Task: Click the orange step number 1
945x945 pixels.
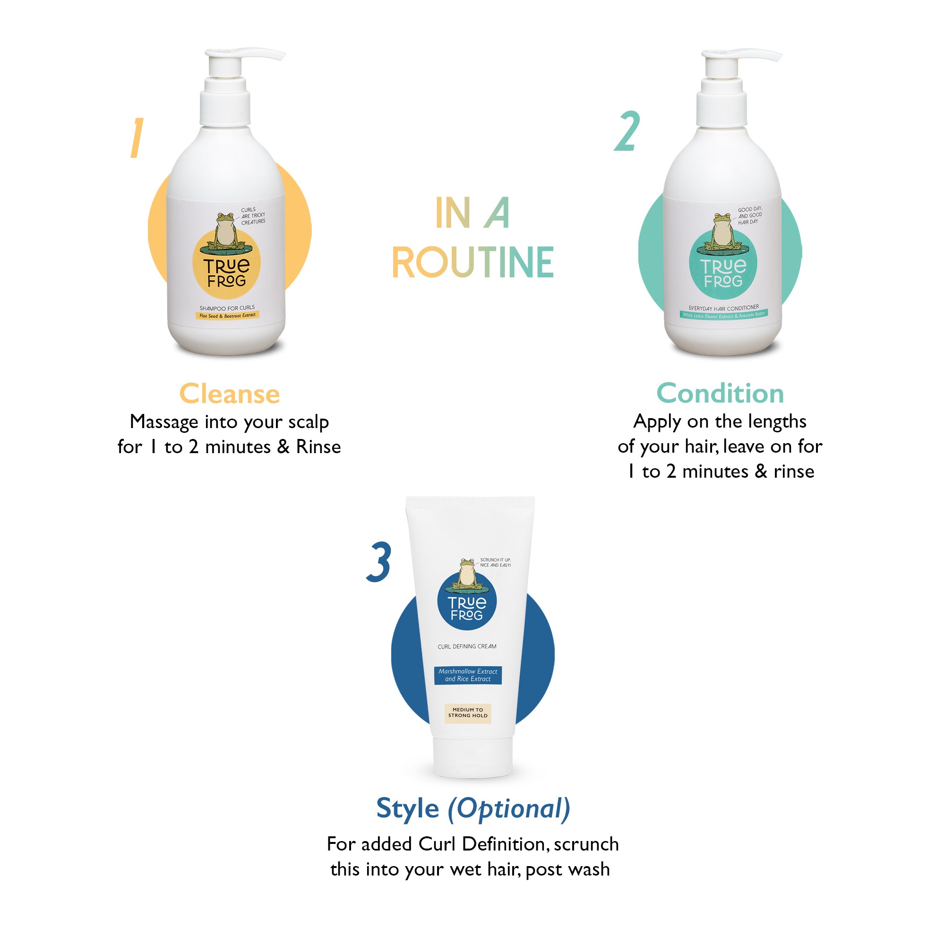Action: pyautogui.click(x=137, y=138)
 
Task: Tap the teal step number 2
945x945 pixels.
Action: pyautogui.click(x=627, y=131)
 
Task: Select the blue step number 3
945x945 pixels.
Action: pyautogui.click(x=379, y=562)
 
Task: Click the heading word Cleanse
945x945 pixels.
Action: pyautogui.click(x=230, y=394)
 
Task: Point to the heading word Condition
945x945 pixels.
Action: pyautogui.click(x=720, y=394)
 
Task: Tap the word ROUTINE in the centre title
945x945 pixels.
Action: pyautogui.click(x=472, y=263)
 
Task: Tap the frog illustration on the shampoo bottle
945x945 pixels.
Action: pyautogui.click(x=225, y=230)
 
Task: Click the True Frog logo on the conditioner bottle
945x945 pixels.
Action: pyautogui.click(x=723, y=273)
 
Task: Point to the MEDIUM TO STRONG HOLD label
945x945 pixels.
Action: pyautogui.click(x=468, y=713)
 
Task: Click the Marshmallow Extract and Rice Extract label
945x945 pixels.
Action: pyautogui.click(x=468, y=675)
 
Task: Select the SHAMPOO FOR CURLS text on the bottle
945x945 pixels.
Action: pyautogui.click(x=227, y=308)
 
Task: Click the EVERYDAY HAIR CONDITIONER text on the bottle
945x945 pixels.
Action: pyautogui.click(x=723, y=308)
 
